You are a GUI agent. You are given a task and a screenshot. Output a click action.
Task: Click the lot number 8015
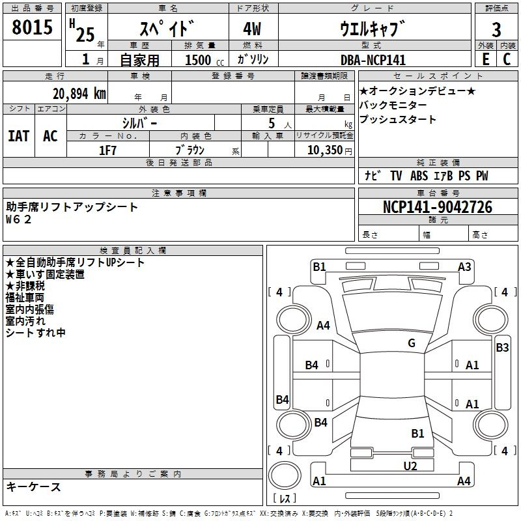[x=32, y=27]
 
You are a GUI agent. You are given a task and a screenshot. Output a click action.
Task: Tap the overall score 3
[x=496, y=29]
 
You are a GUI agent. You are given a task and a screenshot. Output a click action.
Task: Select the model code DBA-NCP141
[x=373, y=60]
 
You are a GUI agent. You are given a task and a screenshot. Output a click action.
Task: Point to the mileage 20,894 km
[x=79, y=94]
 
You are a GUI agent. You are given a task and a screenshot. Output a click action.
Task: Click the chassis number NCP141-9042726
[x=438, y=207]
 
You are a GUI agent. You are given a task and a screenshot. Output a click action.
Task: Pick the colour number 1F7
[x=107, y=150]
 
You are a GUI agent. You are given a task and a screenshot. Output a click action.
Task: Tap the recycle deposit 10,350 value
[x=324, y=150]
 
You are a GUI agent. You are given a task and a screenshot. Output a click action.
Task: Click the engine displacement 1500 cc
[x=204, y=60]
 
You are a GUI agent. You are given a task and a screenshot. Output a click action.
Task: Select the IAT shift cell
[x=19, y=136]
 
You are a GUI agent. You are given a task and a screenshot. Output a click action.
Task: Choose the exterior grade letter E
[x=485, y=59]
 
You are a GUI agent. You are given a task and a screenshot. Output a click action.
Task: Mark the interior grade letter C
[x=507, y=59]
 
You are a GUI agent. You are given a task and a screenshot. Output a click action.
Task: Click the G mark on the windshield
[x=412, y=343]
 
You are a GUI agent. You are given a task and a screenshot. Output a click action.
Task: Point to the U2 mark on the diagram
[x=410, y=466]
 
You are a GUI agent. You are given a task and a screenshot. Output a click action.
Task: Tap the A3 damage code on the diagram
[x=464, y=267]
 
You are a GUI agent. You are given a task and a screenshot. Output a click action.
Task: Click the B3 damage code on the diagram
[x=502, y=348]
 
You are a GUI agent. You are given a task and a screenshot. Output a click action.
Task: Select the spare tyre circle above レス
[x=285, y=475]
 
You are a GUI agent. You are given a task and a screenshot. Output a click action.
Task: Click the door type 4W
[x=252, y=29]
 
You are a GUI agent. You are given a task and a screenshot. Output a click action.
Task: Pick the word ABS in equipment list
[x=419, y=176]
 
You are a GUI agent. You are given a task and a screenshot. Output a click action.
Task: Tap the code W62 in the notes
[x=19, y=219]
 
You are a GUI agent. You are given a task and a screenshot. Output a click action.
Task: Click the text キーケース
[x=33, y=486]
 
